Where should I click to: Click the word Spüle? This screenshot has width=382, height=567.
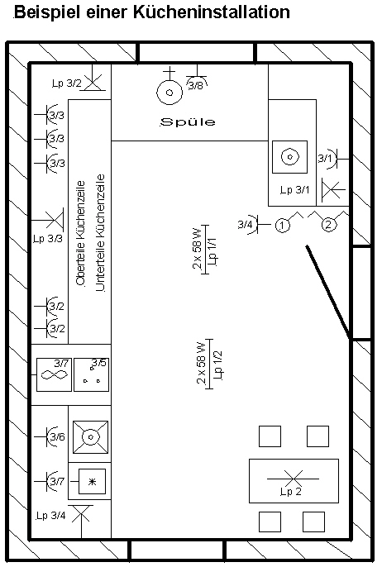[x=188, y=121]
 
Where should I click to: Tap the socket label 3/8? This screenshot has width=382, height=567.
[x=196, y=85]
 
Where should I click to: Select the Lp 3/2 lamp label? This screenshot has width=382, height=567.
[x=67, y=83]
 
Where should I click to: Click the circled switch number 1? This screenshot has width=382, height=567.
[x=283, y=226]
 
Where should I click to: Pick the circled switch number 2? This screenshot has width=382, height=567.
[x=328, y=225]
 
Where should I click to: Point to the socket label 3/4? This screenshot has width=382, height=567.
[x=245, y=224]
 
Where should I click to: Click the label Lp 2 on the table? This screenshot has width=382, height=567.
[x=291, y=492]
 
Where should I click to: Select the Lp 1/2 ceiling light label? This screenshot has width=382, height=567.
[x=218, y=364]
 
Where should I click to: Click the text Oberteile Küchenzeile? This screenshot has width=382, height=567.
[x=81, y=234]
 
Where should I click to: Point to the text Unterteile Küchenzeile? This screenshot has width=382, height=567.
[x=100, y=232]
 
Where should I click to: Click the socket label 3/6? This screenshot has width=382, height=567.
[x=57, y=436]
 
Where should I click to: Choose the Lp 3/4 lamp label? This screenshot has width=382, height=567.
[x=50, y=515]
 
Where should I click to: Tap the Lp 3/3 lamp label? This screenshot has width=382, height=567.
[x=48, y=239]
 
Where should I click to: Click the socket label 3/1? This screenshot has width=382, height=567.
[x=324, y=159]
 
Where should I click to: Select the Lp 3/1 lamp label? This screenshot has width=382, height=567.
[x=295, y=190]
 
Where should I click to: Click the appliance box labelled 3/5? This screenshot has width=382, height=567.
[x=91, y=374]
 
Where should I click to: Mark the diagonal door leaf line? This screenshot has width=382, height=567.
[x=327, y=293]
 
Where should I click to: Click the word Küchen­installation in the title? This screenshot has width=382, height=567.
[x=212, y=12]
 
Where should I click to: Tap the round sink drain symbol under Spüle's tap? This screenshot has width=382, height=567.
[x=170, y=93]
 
